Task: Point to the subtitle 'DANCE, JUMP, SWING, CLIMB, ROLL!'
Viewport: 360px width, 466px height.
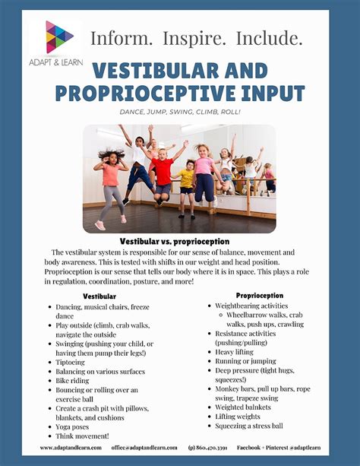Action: click(180, 113)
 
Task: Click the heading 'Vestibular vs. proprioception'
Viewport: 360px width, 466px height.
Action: click(180, 239)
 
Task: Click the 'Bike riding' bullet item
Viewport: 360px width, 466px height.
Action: click(73, 381)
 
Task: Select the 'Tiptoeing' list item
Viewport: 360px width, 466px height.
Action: click(71, 362)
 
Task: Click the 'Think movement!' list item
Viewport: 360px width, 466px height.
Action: click(81, 436)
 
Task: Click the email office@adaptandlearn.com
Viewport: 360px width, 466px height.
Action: click(144, 447)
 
